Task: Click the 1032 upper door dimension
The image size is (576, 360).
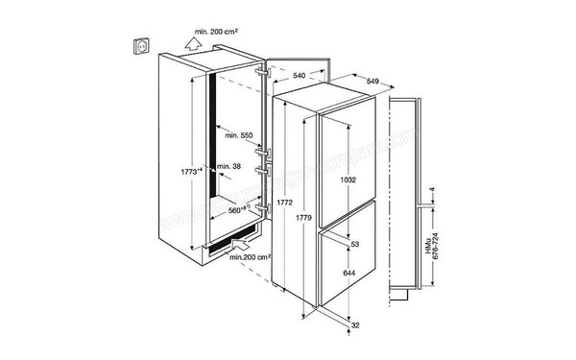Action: pos(356,179)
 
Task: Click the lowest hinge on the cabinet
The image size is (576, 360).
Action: pos(261,204)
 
